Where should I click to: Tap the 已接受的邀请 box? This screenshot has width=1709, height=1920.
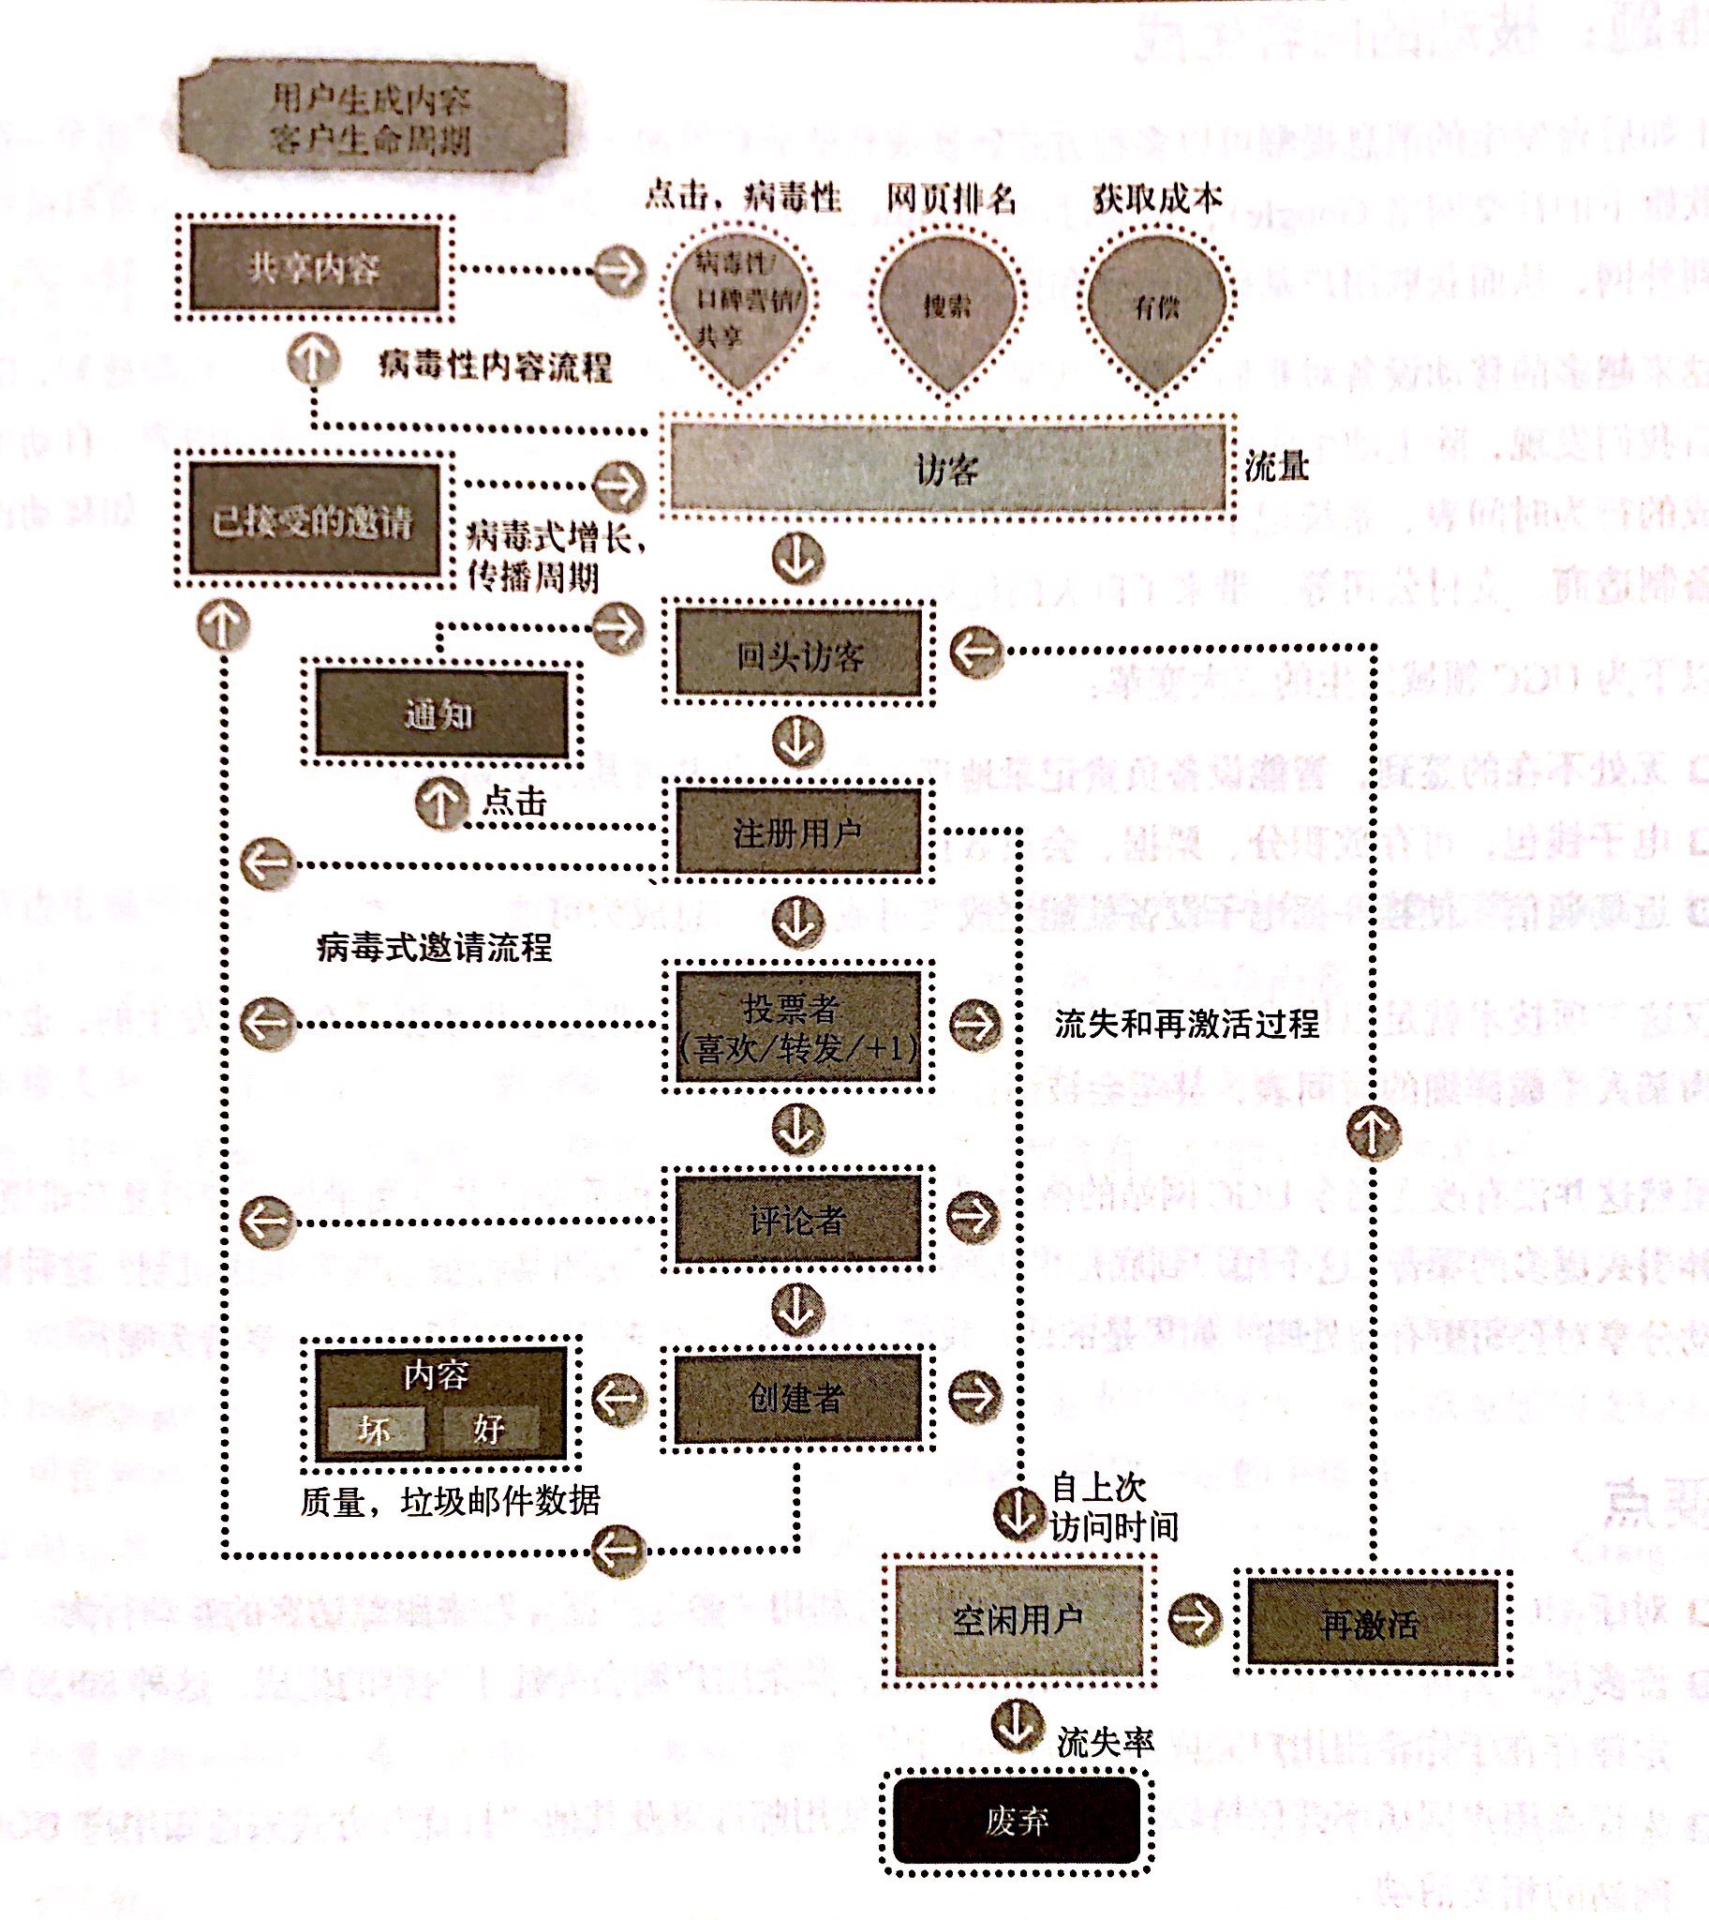[314, 520]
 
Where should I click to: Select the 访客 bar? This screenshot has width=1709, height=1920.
[946, 467]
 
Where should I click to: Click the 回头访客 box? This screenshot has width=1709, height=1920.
[798, 653]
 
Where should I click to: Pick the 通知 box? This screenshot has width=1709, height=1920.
[440, 713]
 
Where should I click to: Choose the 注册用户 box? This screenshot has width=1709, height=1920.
[798, 832]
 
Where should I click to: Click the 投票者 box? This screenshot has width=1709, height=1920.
[798, 1027]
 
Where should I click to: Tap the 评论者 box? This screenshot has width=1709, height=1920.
[798, 1220]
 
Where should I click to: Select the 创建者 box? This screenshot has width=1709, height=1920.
[798, 1398]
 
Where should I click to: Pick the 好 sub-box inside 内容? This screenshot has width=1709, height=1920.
[490, 1428]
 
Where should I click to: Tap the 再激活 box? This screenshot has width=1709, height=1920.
[1371, 1623]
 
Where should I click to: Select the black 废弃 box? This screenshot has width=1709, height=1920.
[1017, 1821]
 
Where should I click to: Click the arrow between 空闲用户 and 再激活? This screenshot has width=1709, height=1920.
[1195, 1617]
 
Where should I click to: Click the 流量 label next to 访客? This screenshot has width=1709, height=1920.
[1276, 467]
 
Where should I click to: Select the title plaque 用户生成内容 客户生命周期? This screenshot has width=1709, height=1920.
[372, 118]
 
